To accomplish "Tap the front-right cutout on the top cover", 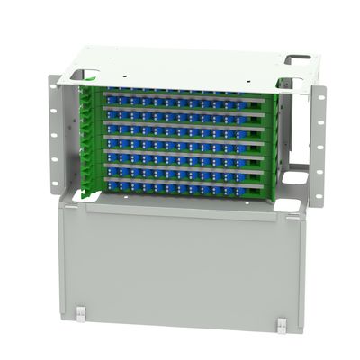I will click(x=293, y=82).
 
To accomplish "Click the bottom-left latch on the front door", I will click(x=81, y=315).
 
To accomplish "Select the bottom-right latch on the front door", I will click(x=282, y=322).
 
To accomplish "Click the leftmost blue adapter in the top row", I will click(x=111, y=90).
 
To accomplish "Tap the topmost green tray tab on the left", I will click(x=87, y=94).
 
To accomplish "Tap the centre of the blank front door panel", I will click(x=180, y=261).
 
